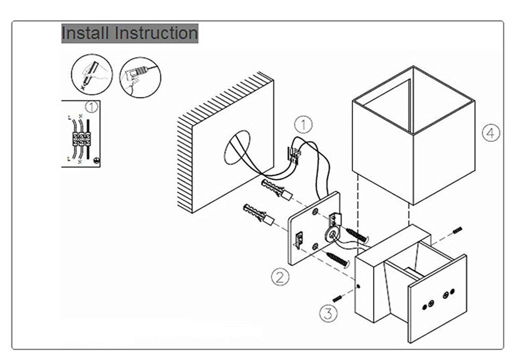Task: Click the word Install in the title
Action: click(x=85, y=33)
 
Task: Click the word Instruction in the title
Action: click(x=156, y=33)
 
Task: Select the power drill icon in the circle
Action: click(x=139, y=76)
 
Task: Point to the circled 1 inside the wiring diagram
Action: click(x=91, y=108)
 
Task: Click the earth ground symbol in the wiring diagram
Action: click(x=96, y=161)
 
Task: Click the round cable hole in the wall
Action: click(x=237, y=148)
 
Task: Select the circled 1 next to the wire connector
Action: click(x=304, y=124)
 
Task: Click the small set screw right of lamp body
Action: click(x=458, y=231)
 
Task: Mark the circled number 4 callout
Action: click(x=491, y=133)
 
